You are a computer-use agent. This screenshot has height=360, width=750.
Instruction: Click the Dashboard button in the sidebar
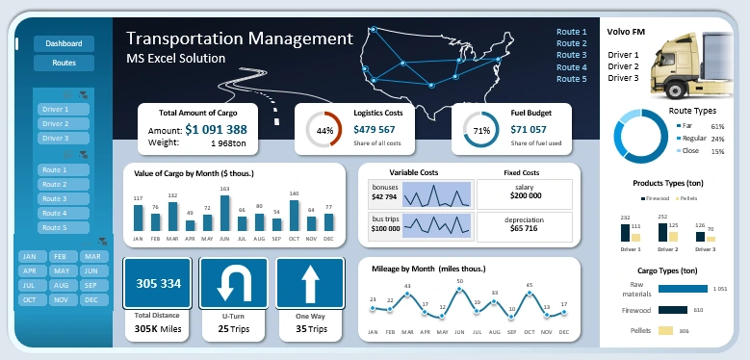64,43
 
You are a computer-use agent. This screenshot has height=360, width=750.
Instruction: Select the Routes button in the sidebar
64,63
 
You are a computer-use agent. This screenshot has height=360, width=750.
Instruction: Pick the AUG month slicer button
64,286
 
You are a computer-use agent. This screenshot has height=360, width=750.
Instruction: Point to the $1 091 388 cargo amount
217,129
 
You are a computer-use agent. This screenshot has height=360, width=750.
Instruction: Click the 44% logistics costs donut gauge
325,130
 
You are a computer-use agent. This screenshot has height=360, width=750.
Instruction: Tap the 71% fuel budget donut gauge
481,130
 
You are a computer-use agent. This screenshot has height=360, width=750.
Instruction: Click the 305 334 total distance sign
159,284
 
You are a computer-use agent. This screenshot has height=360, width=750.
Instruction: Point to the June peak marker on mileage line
460,289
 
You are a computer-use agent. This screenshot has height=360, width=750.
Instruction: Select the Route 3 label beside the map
571,55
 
